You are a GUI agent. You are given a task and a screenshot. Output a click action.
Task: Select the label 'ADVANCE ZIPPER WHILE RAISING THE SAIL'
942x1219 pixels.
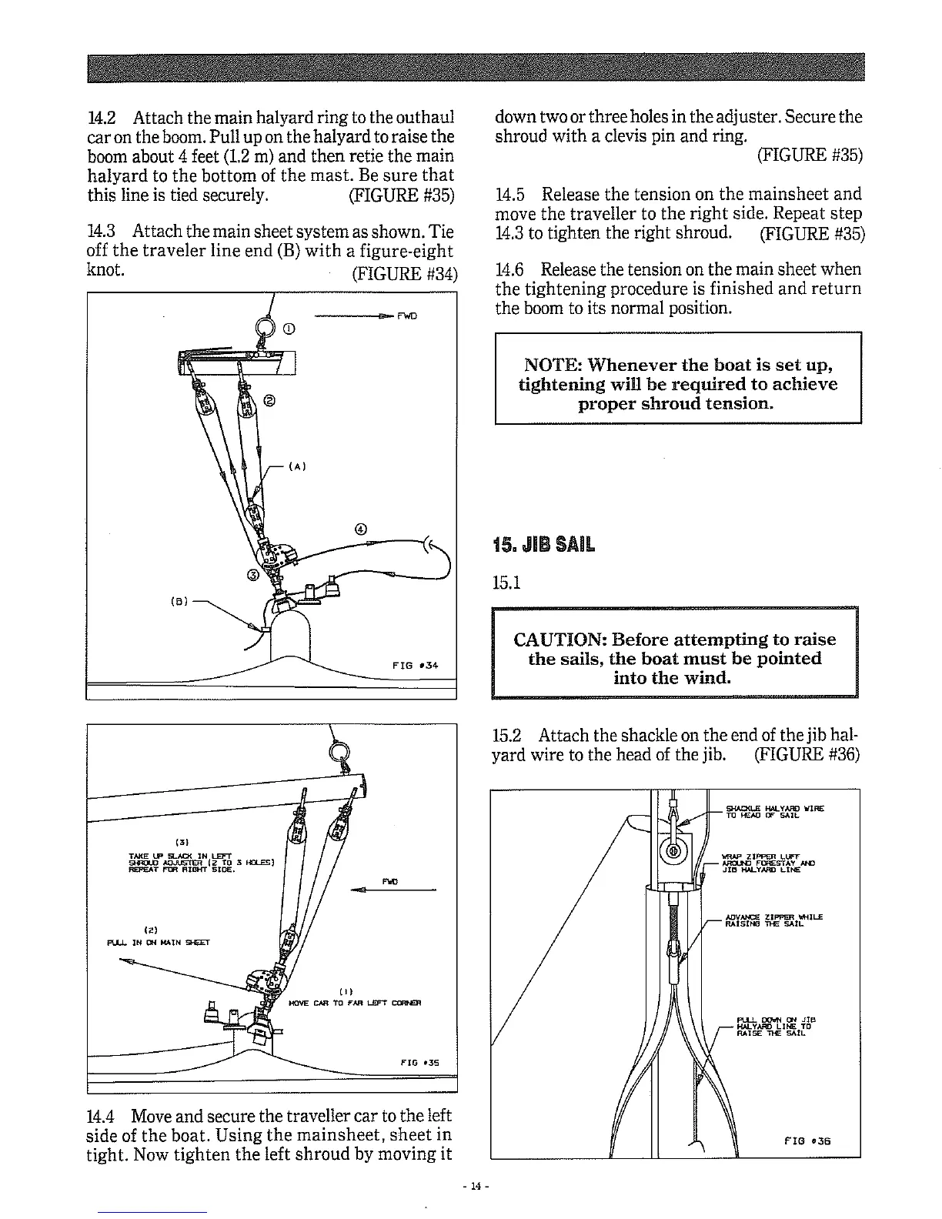[x=773, y=920]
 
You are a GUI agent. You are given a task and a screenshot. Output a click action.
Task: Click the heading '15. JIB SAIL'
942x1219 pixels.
[x=543, y=545]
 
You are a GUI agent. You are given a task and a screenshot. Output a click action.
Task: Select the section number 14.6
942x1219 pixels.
[x=509, y=269]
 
